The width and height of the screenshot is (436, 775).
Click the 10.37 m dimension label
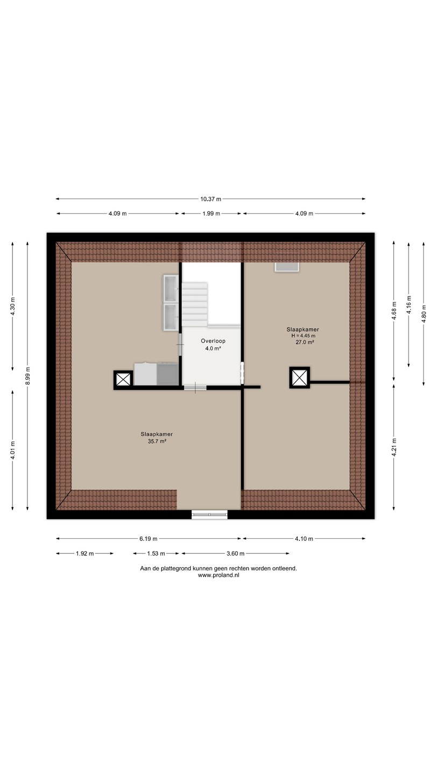210,199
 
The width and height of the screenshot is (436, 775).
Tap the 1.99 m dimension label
211,214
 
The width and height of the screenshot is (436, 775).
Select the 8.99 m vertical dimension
27,376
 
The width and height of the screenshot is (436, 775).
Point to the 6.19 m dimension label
148,538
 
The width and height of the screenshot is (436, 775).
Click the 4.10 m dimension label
304,538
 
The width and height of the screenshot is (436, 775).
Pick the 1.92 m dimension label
85,553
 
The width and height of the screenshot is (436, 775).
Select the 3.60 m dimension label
235,553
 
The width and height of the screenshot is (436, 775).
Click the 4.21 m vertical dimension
394,447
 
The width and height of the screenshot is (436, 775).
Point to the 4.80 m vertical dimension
424,313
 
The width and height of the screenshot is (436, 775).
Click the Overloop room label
213,341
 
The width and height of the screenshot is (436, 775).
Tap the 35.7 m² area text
157,441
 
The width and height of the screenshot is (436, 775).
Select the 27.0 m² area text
305,342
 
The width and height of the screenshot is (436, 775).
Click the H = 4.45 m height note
303,336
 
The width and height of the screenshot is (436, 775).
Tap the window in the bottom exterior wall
210,515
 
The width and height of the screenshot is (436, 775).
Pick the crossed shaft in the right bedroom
300,377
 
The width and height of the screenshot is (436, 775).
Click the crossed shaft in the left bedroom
123,380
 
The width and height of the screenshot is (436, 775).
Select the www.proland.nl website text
219,575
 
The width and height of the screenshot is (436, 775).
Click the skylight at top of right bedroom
287,267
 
